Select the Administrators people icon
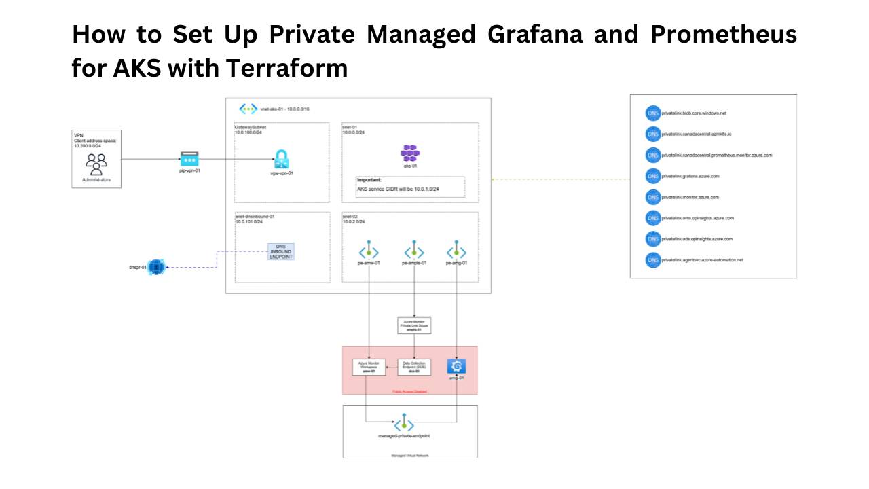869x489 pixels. tap(96, 164)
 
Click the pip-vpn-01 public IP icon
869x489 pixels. tap(190, 160)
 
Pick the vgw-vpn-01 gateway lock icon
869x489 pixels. tap(281, 160)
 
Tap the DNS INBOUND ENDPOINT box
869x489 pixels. tap(280, 252)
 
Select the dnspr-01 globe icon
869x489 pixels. tap(157, 268)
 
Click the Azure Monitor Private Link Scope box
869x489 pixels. tap(414, 325)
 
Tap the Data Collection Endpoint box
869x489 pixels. tap(414, 367)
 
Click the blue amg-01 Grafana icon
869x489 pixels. tap(456, 367)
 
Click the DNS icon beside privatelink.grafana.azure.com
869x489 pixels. tap(653, 176)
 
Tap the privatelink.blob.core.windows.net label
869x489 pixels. tap(689, 113)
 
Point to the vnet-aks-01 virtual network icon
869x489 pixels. tap(248, 109)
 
